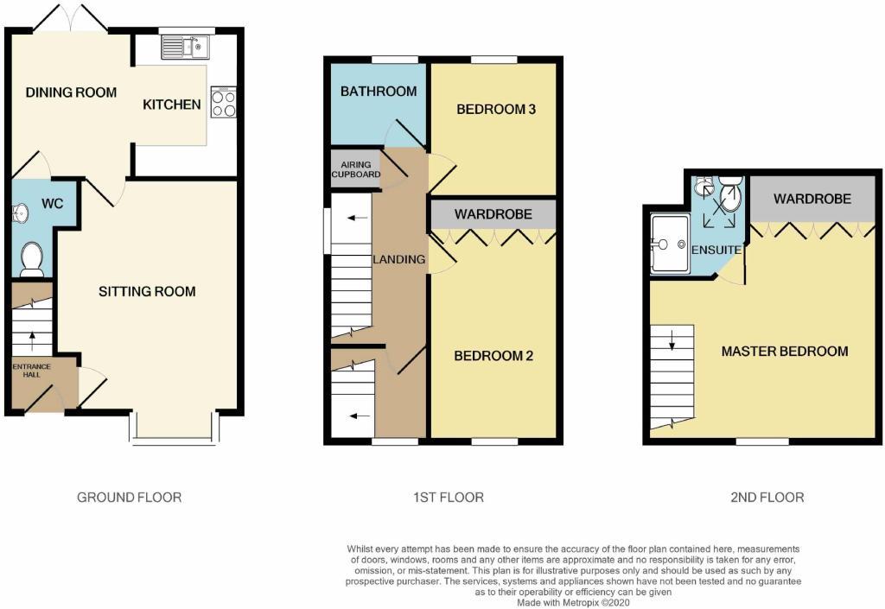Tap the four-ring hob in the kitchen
223,104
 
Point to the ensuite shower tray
670,243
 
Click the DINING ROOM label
71,92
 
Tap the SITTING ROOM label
146,291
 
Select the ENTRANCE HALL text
32,371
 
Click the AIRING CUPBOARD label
355,169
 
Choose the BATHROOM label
379,91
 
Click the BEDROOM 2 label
493,356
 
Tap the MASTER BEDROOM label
785,351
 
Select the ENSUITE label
716,250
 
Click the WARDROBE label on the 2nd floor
812,199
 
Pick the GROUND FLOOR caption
130,497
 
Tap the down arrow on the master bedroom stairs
672,345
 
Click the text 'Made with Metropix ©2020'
574,603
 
